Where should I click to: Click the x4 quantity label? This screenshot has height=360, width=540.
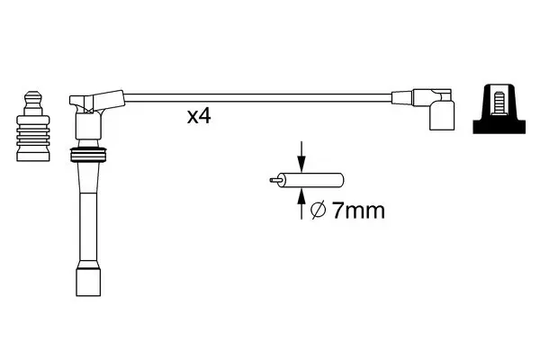(x=199, y=116)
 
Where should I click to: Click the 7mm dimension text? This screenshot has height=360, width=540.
(x=358, y=211)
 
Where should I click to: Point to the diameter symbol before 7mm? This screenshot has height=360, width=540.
(x=318, y=211)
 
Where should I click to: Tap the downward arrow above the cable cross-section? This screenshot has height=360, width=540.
(x=301, y=157)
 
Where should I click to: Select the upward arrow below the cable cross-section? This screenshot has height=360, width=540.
(x=301, y=203)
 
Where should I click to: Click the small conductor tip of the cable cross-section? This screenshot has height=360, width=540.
(x=274, y=180)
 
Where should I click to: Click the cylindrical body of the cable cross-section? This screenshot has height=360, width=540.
(x=311, y=180)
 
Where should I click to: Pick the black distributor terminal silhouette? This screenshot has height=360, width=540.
(x=499, y=109)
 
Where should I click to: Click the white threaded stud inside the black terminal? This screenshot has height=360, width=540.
(x=499, y=103)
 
